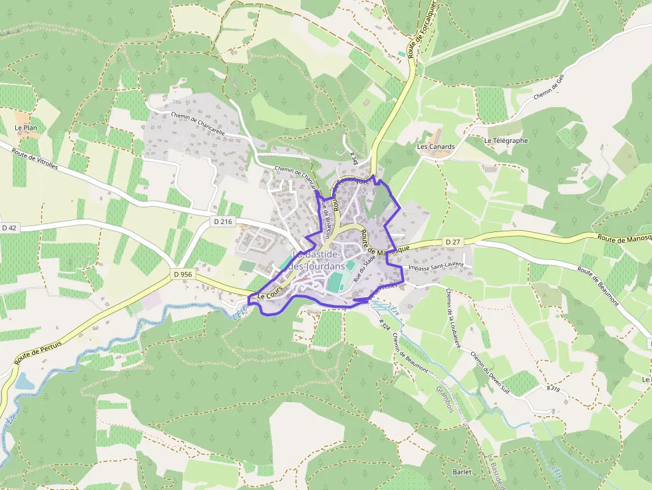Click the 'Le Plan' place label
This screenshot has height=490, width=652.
click(x=25, y=127)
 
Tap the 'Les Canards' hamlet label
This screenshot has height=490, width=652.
click(x=436, y=146)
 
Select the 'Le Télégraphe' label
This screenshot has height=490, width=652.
click(x=506, y=140)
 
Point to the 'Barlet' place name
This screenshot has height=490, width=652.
click(x=461, y=472)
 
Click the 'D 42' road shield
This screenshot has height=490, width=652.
click(x=9, y=227)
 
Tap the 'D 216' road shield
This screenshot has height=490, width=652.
click(x=222, y=220)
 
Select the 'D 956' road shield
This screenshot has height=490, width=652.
click(x=183, y=274)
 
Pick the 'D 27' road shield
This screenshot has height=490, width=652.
click(x=452, y=241)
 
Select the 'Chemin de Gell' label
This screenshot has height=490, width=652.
click(x=549, y=87)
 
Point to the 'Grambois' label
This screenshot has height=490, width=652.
click(x=443, y=398)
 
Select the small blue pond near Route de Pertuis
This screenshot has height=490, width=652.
click(x=24, y=382)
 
